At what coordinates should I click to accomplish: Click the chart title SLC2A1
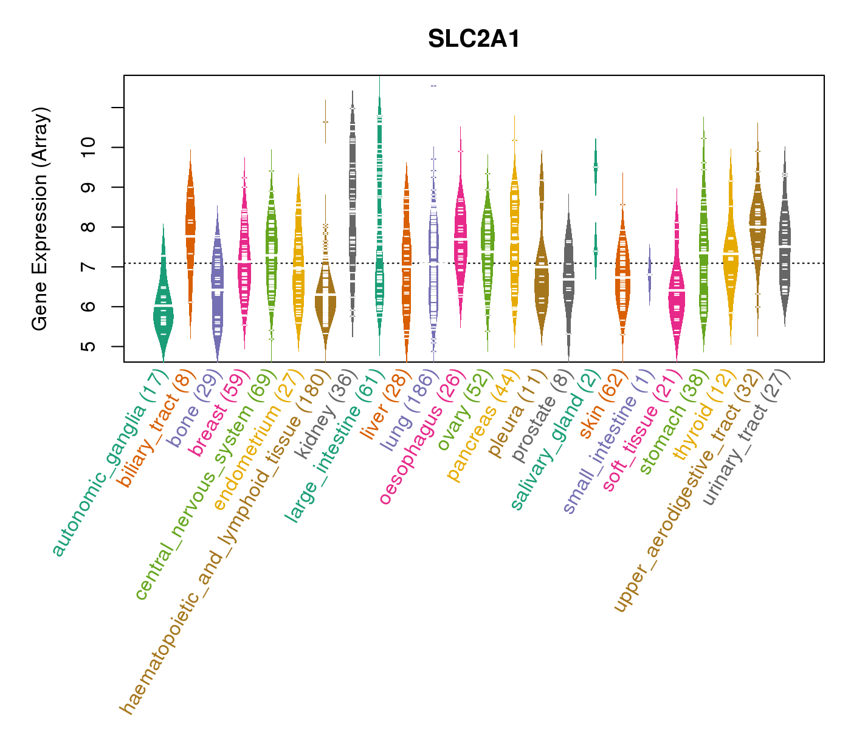474,39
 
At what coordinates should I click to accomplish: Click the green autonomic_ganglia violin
163,310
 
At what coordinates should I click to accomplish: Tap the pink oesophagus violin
461,237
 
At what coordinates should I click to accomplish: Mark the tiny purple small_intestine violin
650,273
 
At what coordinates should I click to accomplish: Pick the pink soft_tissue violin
677,292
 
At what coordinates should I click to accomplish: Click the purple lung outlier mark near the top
433,86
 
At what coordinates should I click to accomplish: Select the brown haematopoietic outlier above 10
325,122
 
